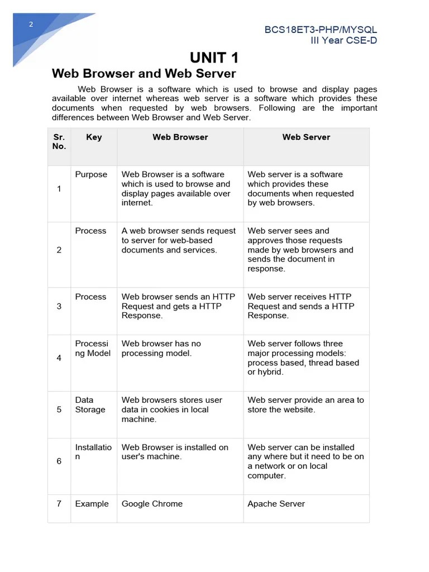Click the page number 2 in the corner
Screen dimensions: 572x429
(x=31, y=24)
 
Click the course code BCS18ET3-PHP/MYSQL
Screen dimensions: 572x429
(x=321, y=30)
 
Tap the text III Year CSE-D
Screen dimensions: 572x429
(x=344, y=40)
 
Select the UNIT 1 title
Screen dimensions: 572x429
(x=214, y=58)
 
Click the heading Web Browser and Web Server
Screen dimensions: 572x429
(x=144, y=74)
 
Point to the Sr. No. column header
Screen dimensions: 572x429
(x=59, y=142)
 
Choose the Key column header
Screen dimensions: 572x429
(x=94, y=137)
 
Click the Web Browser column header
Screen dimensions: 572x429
(x=180, y=137)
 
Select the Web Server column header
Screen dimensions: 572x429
(x=306, y=137)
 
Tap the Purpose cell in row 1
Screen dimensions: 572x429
(x=91, y=175)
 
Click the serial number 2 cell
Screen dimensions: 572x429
(x=59, y=250)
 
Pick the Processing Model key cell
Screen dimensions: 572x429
(x=93, y=349)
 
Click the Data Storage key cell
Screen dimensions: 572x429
(x=90, y=405)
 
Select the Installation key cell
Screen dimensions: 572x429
(x=93, y=452)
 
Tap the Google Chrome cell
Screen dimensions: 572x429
(x=152, y=504)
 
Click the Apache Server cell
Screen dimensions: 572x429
(x=276, y=504)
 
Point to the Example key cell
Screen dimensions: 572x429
(x=92, y=504)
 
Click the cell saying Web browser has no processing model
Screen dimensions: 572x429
(x=161, y=349)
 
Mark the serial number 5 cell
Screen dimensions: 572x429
(x=59, y=409)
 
